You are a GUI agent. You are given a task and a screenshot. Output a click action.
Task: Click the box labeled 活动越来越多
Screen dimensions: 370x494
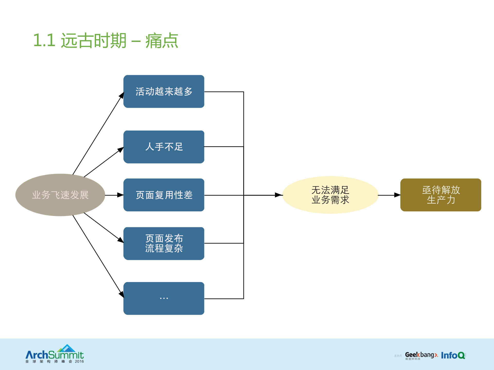[x=164, y=91]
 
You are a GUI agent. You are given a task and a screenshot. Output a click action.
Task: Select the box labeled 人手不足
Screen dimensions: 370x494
[x=164, y=147]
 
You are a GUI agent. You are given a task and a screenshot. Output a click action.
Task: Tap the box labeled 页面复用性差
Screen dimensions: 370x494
[x=164, y=195]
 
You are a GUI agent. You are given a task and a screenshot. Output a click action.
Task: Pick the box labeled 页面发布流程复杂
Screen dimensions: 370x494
[x=164, y=243]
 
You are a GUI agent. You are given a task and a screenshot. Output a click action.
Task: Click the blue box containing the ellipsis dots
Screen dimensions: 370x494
[x=164, y=298]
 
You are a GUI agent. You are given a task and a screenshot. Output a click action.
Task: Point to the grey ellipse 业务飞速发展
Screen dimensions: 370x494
[x=60, y=195]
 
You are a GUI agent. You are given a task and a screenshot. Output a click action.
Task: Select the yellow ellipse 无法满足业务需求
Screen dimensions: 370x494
[x=330, y=195]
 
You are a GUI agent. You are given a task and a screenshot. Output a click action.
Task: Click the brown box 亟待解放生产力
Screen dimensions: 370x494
[x=440, y=195]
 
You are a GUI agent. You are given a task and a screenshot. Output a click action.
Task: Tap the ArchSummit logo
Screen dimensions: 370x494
[x=55, y=354]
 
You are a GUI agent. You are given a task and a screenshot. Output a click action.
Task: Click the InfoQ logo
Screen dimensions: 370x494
[x=453, y=355]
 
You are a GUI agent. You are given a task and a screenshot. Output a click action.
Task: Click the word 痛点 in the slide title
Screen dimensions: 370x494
[x=162, y=41]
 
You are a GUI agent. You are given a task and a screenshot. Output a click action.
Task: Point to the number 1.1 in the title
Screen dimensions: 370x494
[x=44, y=41]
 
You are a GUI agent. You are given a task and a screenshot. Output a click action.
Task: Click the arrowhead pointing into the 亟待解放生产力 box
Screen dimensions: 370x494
[x=397, y=195]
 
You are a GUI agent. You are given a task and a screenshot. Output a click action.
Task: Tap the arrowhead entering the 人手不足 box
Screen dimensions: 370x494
[x=120, y=149]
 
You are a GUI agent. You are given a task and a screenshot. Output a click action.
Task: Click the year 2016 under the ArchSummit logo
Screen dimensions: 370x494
[x=79, y=362]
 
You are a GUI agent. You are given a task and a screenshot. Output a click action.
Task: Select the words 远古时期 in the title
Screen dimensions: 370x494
[x=94, y=41]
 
